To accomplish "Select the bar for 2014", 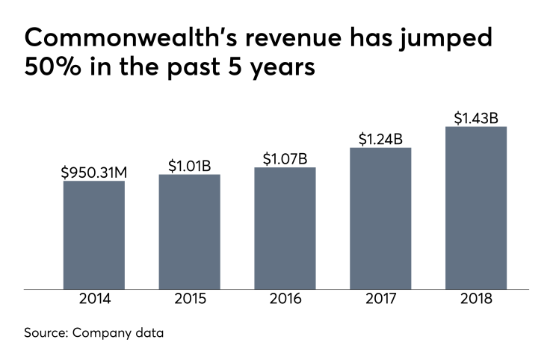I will point(93,235).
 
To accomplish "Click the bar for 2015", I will point(189,232).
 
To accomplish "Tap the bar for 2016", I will point(285,228).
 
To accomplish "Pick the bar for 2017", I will point(380,218).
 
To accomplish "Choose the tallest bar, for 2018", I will point(476,208).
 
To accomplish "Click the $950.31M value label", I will point(93,173).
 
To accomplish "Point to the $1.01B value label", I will point(189,166).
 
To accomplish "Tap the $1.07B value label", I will point(285,159).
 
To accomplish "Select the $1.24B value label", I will point(380,139).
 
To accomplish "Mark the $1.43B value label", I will point(476,118).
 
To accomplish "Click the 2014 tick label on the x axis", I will point(93,301).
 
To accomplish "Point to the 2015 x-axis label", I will point(189,301).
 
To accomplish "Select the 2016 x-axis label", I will point(285,301).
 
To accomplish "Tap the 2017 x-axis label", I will point(380,301).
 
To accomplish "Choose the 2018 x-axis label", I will point(476,301).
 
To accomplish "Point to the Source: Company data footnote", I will point(93,333).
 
